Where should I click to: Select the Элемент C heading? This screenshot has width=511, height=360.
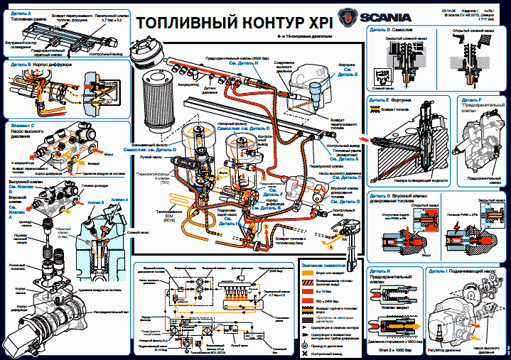click(x=25, y=124)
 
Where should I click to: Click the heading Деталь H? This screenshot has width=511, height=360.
click(x=381, y=271)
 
